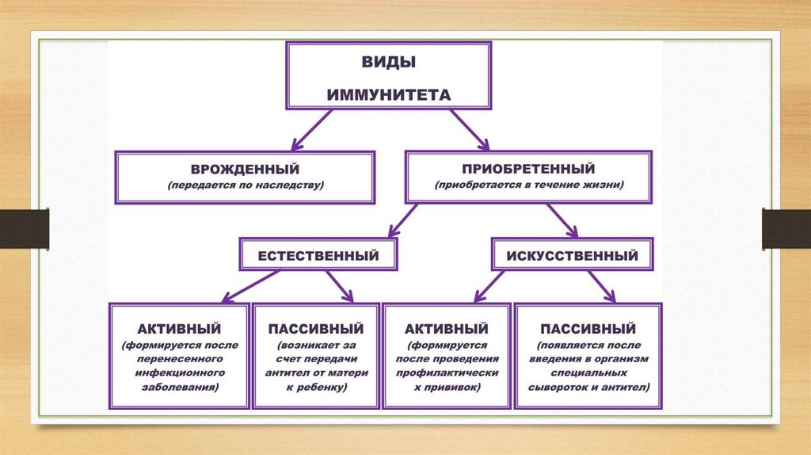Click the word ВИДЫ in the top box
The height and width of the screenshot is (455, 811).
coord(388,62)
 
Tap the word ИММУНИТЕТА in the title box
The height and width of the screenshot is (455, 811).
coord(389,94)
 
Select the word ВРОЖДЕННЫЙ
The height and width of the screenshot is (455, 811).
coord(244,169)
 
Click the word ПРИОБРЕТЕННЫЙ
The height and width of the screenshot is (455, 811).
coord(528,169)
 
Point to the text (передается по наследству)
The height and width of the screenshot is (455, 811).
coord(246,185)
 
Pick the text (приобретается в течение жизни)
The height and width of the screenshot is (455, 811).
coord(529,185)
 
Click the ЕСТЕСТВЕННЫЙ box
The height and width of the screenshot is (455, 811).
coord(318,255)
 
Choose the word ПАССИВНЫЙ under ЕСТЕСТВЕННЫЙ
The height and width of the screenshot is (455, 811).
coord(315,328)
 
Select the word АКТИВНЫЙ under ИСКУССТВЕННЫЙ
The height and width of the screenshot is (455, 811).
coord(446,328)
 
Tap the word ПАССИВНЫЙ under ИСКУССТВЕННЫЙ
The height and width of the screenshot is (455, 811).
coord(588,328)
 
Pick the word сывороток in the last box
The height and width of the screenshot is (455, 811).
coord(559,388)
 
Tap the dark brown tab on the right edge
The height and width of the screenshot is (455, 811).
coord(786,229)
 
